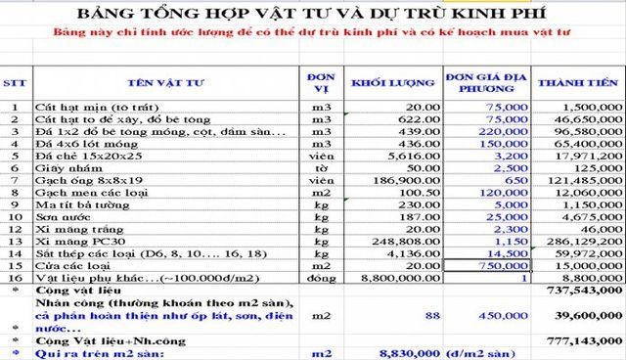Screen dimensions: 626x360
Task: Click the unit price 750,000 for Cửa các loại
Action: pos(504,264)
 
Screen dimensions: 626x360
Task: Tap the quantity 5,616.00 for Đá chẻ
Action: pos(410,156)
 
